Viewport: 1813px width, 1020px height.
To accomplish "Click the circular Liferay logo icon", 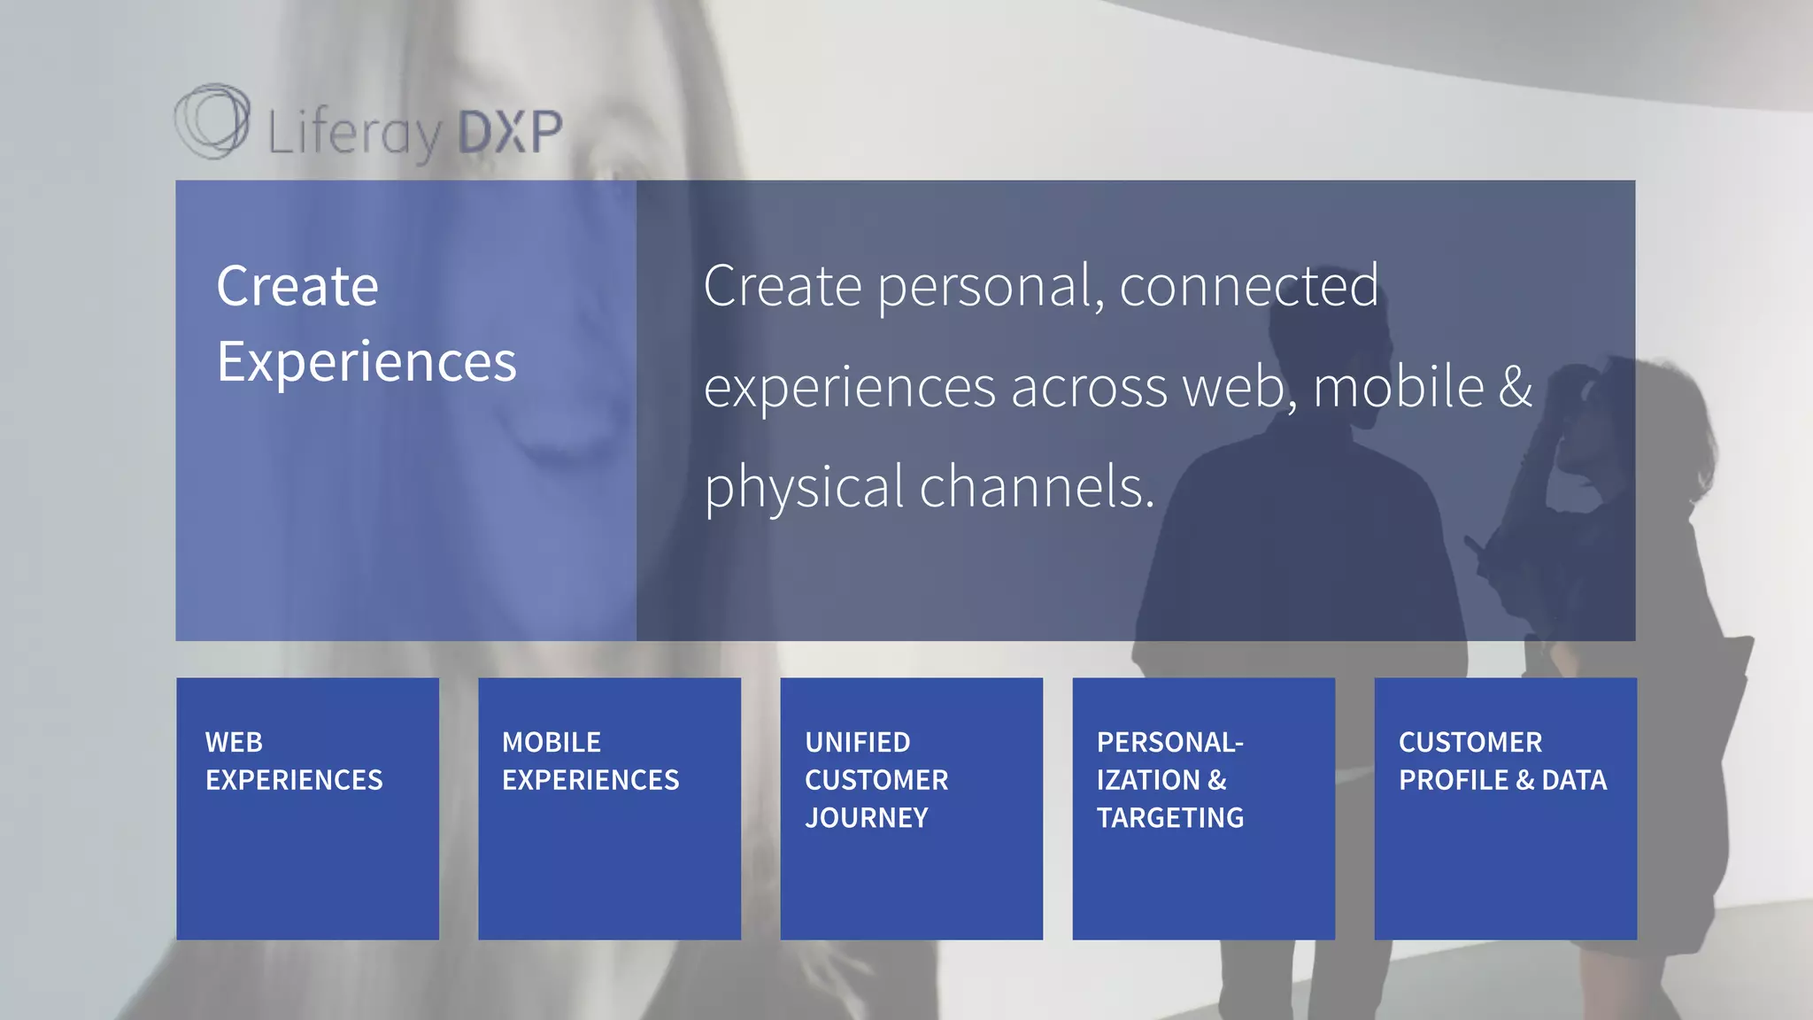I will click(212, 121).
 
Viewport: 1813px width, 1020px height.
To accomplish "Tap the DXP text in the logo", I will click(510, 131).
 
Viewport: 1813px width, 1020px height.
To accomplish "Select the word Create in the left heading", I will click(297, 286).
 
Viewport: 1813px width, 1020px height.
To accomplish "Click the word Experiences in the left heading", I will click(366, 362).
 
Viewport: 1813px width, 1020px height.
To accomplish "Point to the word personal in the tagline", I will click(991, 288).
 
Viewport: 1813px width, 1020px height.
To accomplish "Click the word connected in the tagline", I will click(1248, 286).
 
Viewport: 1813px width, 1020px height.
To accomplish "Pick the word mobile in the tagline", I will click(1398, 387).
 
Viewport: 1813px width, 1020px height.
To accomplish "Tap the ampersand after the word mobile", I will click(1516, 387).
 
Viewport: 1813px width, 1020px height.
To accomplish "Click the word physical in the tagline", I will click(805, 488).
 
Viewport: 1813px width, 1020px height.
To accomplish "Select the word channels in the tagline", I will click(1037, 487).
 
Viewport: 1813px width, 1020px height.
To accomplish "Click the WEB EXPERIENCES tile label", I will click(294, 761).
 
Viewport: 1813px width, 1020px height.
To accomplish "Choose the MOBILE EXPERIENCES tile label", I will click(590, 761).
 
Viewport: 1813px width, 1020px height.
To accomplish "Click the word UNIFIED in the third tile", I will click(858, 742).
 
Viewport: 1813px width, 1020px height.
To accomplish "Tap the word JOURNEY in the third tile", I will click(867, 817).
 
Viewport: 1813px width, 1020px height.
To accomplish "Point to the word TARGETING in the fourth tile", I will click(1170, 817).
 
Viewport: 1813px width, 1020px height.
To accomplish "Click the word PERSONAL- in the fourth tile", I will click(1170, 742).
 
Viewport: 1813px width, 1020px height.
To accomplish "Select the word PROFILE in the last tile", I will click(1454, 780).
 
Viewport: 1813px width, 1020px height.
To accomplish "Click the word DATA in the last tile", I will click(1574, 780).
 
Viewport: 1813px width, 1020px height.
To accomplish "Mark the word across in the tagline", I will click(1089, 388).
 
